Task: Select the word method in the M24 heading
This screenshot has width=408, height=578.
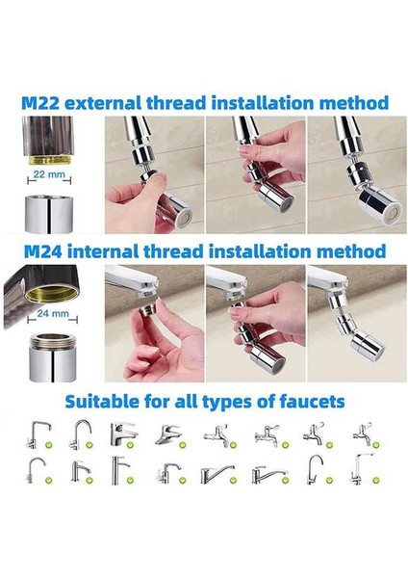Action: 351,251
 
